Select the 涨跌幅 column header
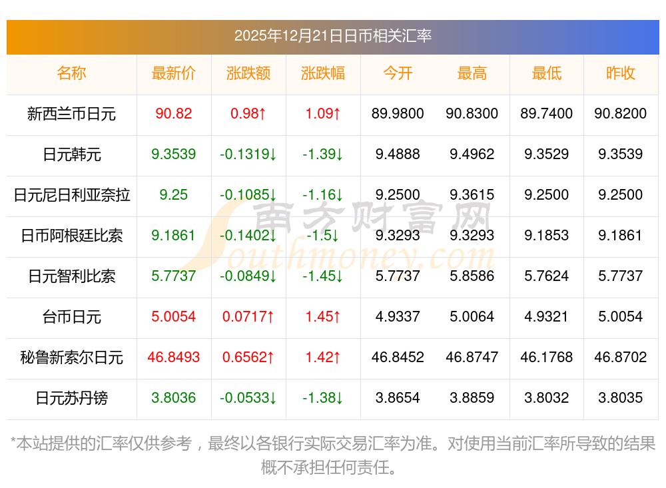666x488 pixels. (323, 73)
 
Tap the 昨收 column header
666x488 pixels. (620, 73)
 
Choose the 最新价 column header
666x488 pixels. (173, 73)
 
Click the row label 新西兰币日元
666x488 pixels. (71, 114)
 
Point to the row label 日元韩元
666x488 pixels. (71, 154)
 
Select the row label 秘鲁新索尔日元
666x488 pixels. (71, 358)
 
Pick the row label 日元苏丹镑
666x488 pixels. (71, 398)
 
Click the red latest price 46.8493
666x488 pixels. (173, 358)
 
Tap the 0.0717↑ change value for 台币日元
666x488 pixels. (248, 317)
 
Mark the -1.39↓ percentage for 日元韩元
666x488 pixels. (323, 154)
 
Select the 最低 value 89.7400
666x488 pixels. (546, 114)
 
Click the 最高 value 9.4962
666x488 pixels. (472, 154)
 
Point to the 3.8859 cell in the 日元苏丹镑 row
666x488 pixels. (472, 398)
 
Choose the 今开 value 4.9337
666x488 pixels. (398, 317)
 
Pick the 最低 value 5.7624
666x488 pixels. (546, 276)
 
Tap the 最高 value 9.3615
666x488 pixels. (472, 195)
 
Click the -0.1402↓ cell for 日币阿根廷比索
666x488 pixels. (248, 236)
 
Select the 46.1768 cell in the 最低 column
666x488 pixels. (546, 358)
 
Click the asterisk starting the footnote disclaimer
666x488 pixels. (14, 442)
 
